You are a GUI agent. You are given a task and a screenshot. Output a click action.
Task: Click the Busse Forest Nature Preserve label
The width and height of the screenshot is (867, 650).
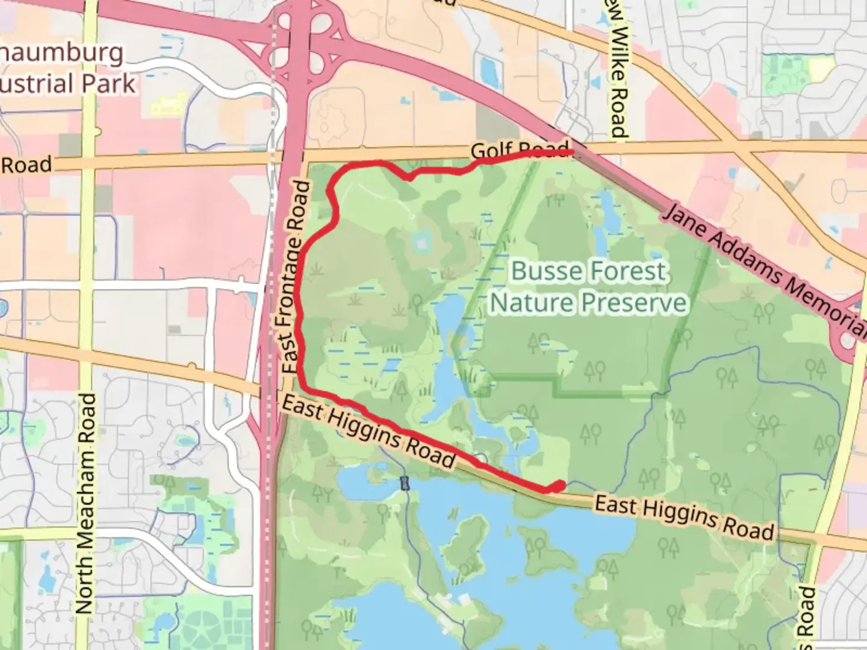pyautogui.click(x=588, y=286)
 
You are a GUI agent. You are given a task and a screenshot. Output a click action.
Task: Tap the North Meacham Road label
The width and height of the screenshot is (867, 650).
pyautogui.click(x=86, y=503)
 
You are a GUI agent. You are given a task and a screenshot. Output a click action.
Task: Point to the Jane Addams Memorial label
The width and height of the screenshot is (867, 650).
pyautogui.click(x=765, y=271)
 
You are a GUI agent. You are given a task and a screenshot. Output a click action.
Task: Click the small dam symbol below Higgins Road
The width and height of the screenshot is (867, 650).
pyautogui.click(x=405, y=483)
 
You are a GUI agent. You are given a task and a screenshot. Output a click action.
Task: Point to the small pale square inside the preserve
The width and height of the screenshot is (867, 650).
pyautogui.click(x=421, y=243)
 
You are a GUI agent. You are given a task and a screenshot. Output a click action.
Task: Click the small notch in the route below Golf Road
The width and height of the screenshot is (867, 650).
pyautogui.click(x=409, y=177)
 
